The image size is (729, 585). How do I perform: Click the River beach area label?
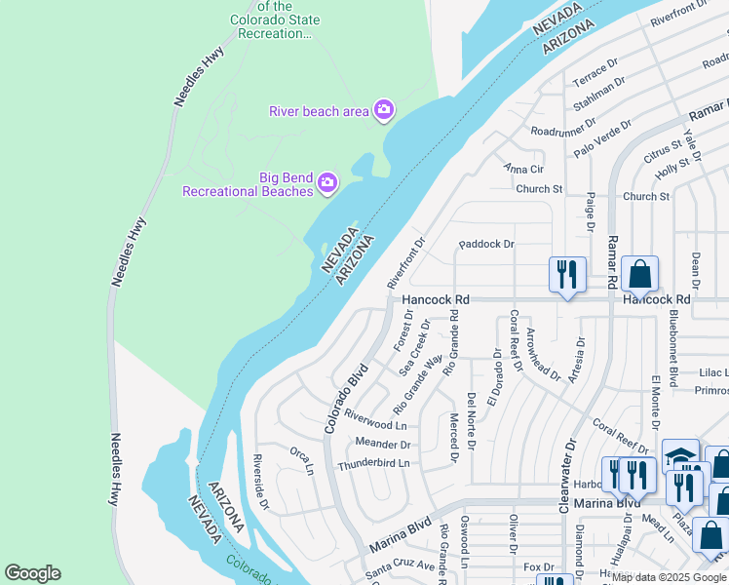(x=319, y=110)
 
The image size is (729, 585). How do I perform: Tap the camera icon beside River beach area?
(x=384, y=109)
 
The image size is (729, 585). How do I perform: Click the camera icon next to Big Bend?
(x=328, y=181)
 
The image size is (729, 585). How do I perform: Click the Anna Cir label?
(x=522, y=169)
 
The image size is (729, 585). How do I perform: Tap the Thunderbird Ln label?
(x=373, y=464)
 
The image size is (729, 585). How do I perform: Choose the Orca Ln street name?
(x=302, y=460)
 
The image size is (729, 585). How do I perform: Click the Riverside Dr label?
(x=260, y=483)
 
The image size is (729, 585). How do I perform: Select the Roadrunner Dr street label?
(x=562, y=126)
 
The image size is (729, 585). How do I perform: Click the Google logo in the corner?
(x=32, y=573)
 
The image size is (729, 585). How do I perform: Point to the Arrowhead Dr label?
(x=543, y=355)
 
